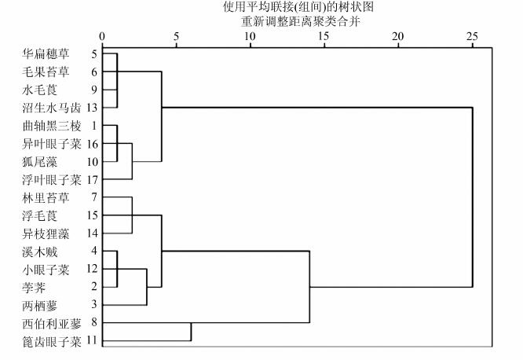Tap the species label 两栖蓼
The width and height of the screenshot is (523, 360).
[x=40, y=305]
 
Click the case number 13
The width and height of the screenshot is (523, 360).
[x=93, y=108]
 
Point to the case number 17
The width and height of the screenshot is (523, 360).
[x=93, y=180]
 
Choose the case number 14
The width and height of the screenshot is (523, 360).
[x=93, y=233]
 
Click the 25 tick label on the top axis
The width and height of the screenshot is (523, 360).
[x=472, y=35]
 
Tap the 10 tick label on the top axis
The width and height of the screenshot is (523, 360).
[x=250, y=35]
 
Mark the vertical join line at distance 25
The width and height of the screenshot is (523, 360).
[x=473, y=197]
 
